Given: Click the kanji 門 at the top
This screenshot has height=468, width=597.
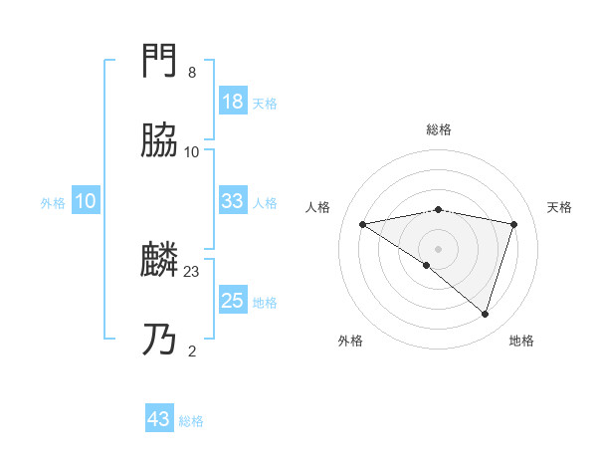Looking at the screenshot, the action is [160, 62].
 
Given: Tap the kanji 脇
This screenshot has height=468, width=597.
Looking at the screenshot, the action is [160, 141].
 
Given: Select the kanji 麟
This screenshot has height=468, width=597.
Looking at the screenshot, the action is [160, 262].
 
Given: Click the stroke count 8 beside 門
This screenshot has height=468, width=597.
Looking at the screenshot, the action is [192, 73].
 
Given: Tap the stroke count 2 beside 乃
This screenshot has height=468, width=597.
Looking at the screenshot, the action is [192, 351].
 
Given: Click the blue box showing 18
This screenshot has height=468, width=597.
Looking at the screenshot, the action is [232, 102].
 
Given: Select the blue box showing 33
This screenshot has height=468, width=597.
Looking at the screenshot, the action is [232, 201].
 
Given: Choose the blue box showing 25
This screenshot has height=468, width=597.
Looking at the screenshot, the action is [232, 301].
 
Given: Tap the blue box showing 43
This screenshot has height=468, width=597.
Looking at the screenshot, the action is [159, 419].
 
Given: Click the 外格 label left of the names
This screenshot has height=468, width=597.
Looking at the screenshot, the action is [53, 203].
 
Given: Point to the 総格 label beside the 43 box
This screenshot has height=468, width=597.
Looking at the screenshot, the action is [191, 421].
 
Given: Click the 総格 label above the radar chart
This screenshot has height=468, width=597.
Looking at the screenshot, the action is [439, 129].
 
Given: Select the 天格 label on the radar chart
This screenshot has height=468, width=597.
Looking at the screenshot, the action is [559, 207].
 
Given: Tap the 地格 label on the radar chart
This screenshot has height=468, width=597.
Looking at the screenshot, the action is [521, 341].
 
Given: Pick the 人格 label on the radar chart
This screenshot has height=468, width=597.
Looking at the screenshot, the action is [319, 207].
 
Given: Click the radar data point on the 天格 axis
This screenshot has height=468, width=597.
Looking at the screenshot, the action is [514, 224].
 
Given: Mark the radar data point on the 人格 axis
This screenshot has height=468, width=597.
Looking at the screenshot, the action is [363, 224].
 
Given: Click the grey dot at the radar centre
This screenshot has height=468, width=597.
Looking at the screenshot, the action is [439, 248].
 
